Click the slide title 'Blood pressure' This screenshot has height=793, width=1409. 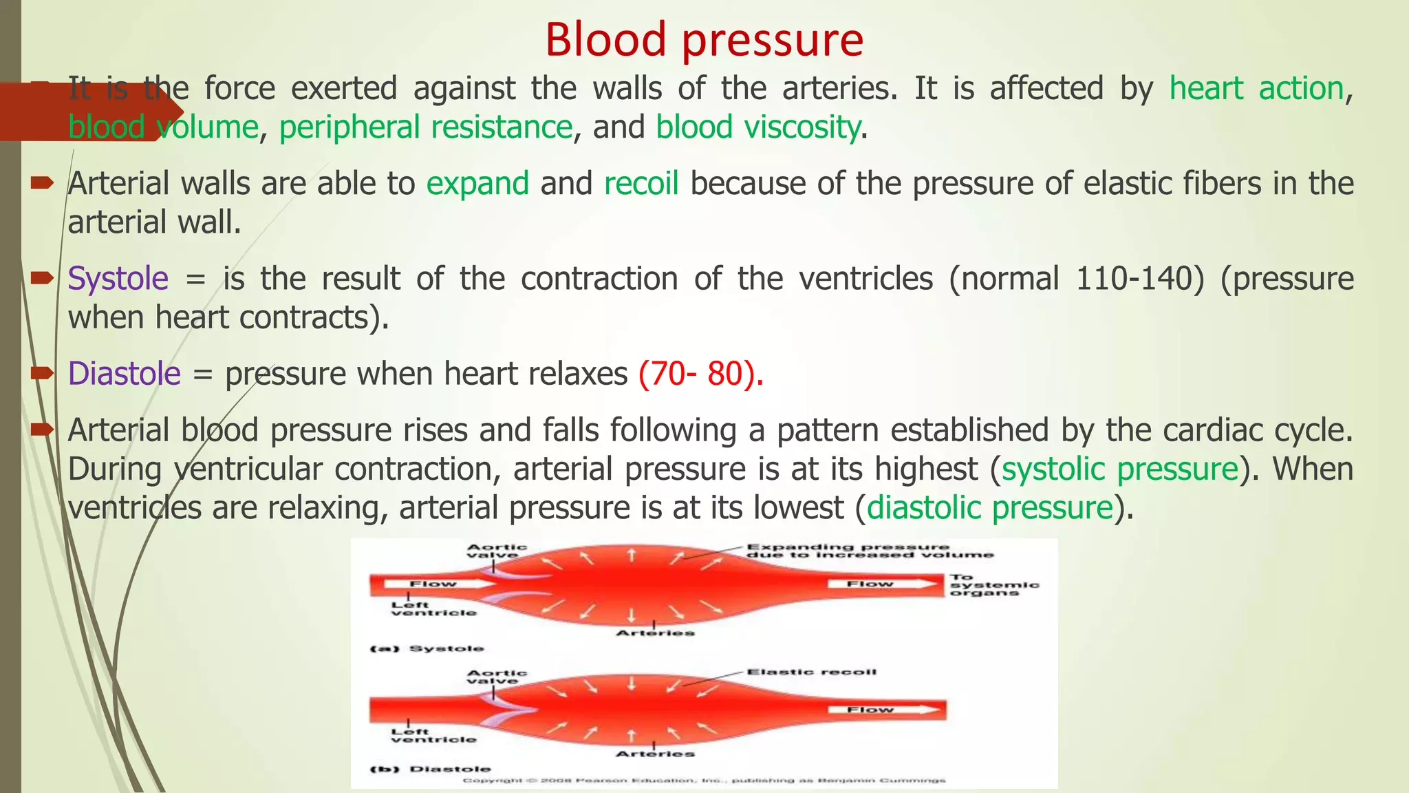click(704, 40)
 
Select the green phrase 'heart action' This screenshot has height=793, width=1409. click(1256, 89)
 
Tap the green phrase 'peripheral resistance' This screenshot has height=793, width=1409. click(425, 128)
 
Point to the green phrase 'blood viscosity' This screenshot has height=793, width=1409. click(757, 128)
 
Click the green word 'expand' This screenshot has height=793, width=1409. click(477, 184)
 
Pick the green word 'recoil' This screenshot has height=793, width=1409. click(641, 184)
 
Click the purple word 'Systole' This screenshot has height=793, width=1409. click(118, 279)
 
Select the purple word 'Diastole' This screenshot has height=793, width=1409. click(124, 374)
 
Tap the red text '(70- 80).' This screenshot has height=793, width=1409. click(700, 374)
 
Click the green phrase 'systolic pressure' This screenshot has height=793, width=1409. click(1119, 469)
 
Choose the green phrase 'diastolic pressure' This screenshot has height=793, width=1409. click(989, 509)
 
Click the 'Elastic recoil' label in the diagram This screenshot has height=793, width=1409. click(811, 672)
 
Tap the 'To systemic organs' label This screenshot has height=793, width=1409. click(993, 585)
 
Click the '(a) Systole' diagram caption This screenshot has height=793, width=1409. click(427, 648)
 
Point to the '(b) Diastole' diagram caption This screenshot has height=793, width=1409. click(431, 769)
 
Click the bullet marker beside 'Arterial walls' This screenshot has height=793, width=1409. click(42, 183)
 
